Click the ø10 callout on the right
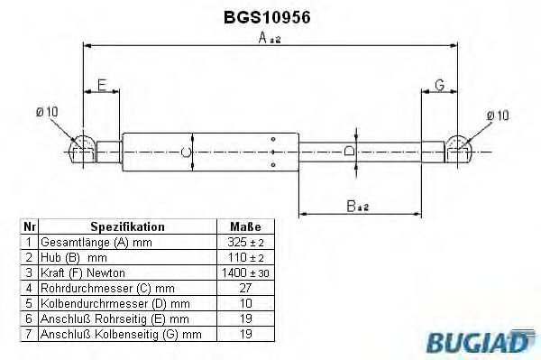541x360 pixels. click(497, 115)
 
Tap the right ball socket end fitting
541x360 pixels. click(458, 149)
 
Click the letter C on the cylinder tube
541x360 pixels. click(187, 152)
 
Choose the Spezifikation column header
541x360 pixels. click(127, 226)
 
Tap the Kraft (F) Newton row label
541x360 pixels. click(84, 272)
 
